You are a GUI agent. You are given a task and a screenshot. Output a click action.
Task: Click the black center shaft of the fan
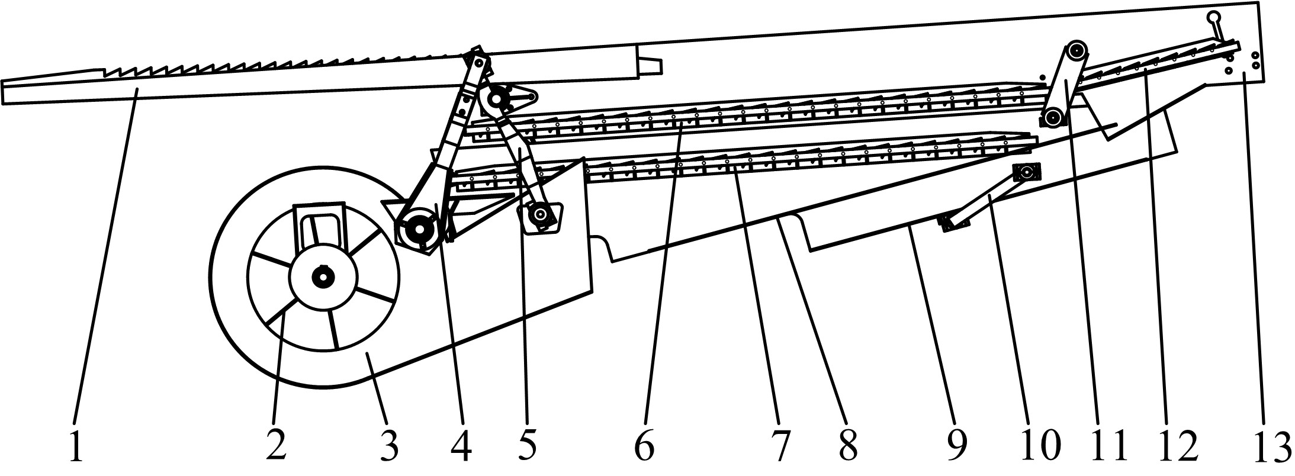[x=323, y=276]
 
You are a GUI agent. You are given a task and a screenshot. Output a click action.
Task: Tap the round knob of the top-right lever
[x=1209, y=18]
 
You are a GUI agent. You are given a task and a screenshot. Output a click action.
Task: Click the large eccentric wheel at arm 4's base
[x=419, y=228]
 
